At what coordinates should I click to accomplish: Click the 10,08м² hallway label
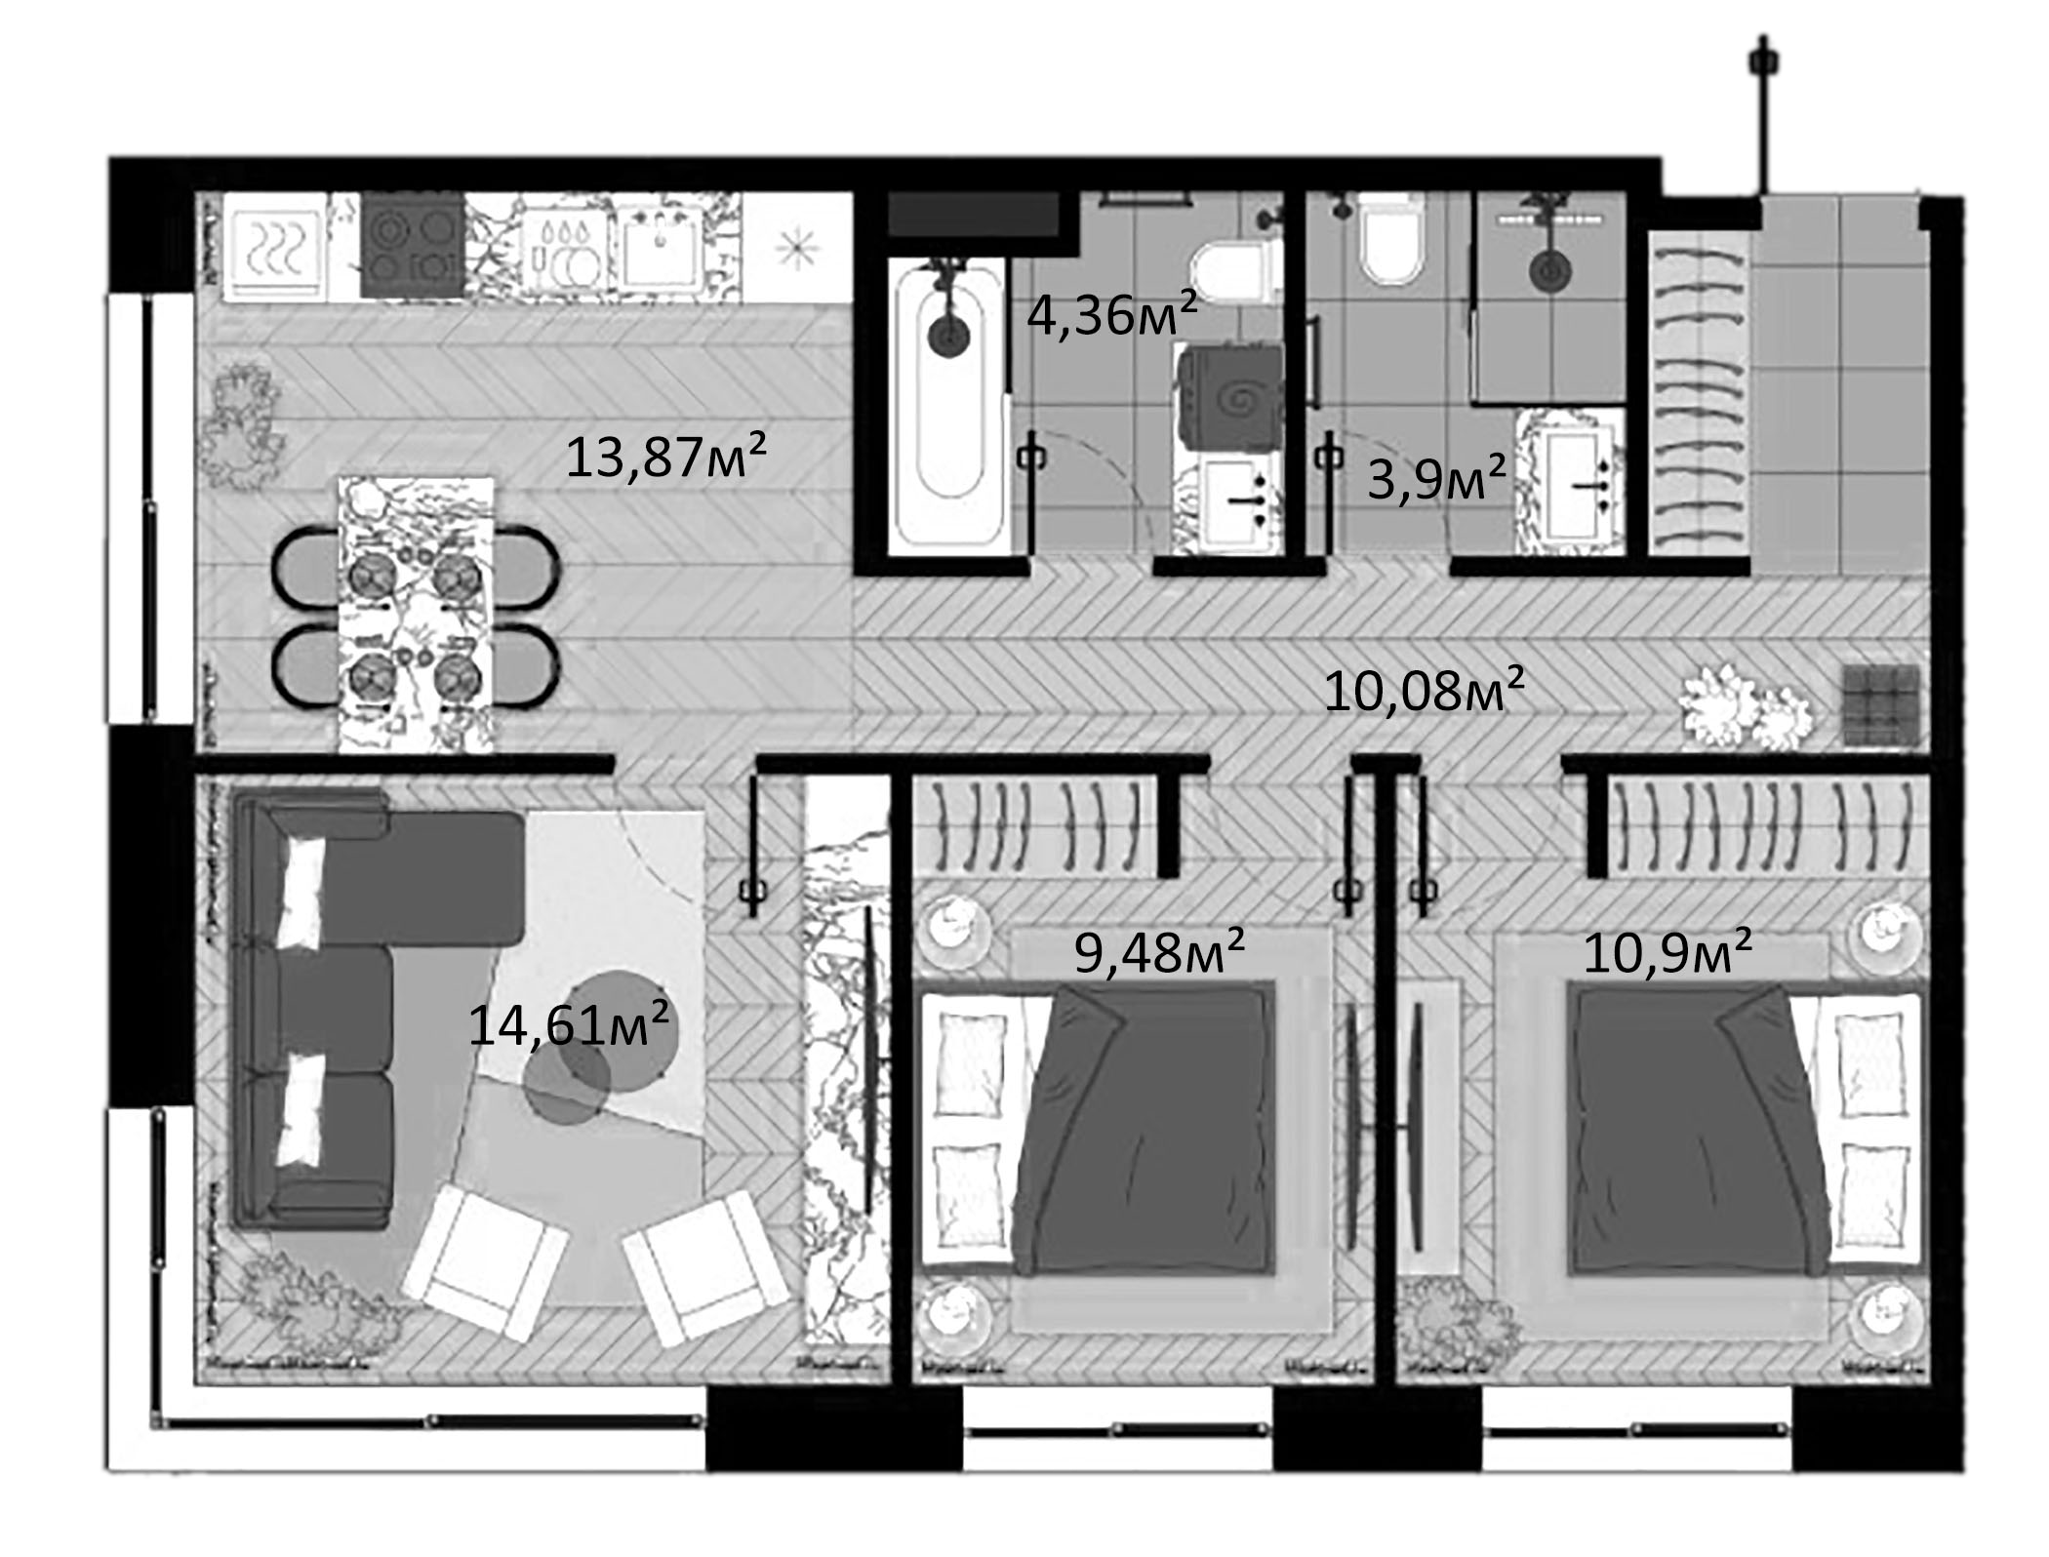tap(1424, 691)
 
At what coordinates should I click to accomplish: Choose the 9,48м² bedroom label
tap(1159, 951)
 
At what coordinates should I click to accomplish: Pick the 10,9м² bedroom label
tap(1667, 951)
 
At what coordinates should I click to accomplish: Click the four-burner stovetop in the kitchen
tap(412, 246)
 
